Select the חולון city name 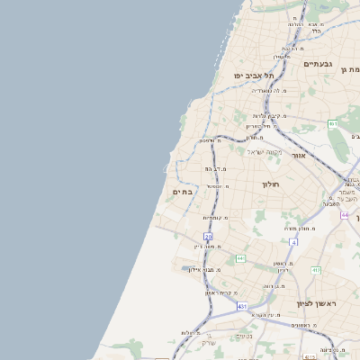coord(272,184)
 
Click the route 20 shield coord(208,236)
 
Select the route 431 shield coord(242,307)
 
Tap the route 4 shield coord(293,241)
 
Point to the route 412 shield coord(316,270)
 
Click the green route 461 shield coord(333,124)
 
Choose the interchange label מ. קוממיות coord(215,218)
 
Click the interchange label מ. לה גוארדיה coord(269,91)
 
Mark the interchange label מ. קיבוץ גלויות coord(267,116)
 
